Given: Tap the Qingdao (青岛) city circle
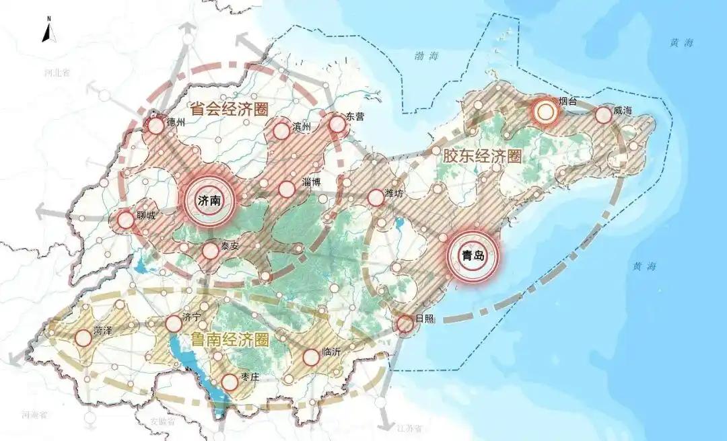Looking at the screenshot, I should (x=473, y=256).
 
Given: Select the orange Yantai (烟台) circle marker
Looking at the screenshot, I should (x=545, y=111).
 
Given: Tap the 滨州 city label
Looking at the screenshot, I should (x=304, y=126).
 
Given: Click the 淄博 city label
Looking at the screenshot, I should (x=312, y=183).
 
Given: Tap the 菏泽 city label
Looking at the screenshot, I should (x=102, y=330).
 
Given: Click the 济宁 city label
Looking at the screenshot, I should (x=191, y=317).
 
